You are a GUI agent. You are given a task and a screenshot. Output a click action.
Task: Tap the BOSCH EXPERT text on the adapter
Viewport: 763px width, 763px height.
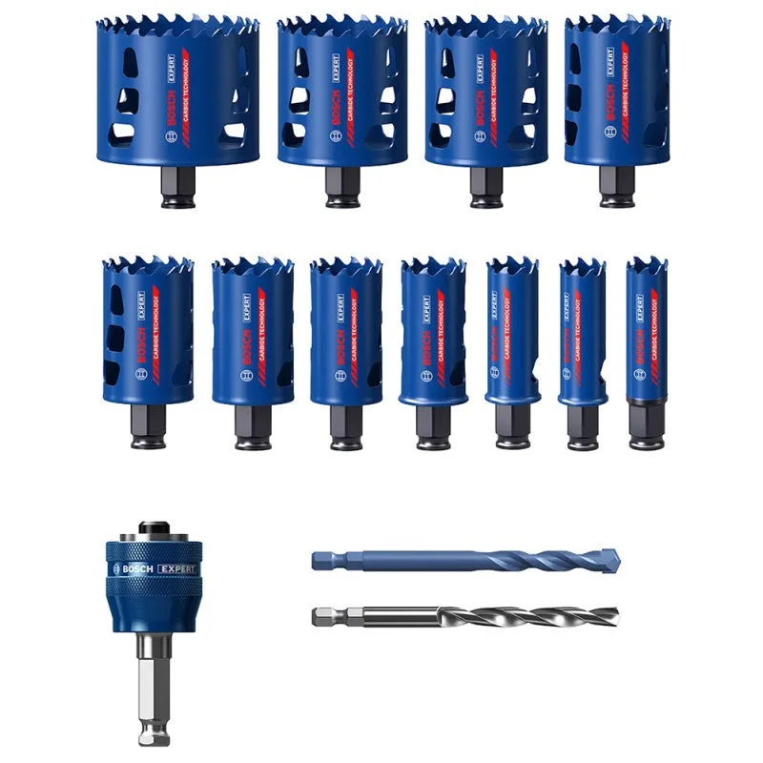(x=155, y=569)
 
